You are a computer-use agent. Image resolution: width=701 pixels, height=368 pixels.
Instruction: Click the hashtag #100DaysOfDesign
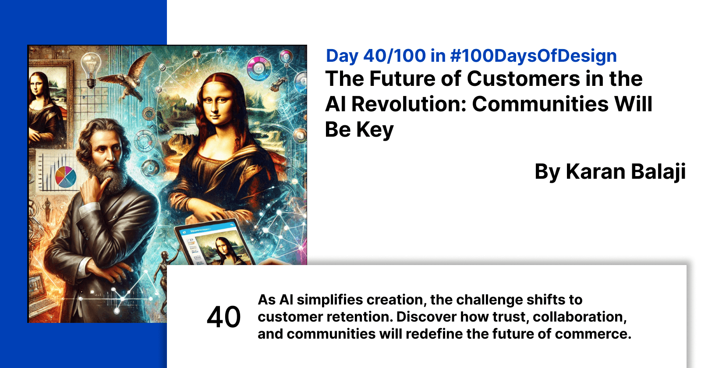click(533, 56)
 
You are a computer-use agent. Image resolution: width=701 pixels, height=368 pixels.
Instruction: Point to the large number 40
click(223, 317)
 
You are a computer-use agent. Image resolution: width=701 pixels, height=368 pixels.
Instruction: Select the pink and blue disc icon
click(259, 68)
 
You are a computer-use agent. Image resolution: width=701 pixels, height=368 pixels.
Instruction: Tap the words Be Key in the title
click(359, 130)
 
